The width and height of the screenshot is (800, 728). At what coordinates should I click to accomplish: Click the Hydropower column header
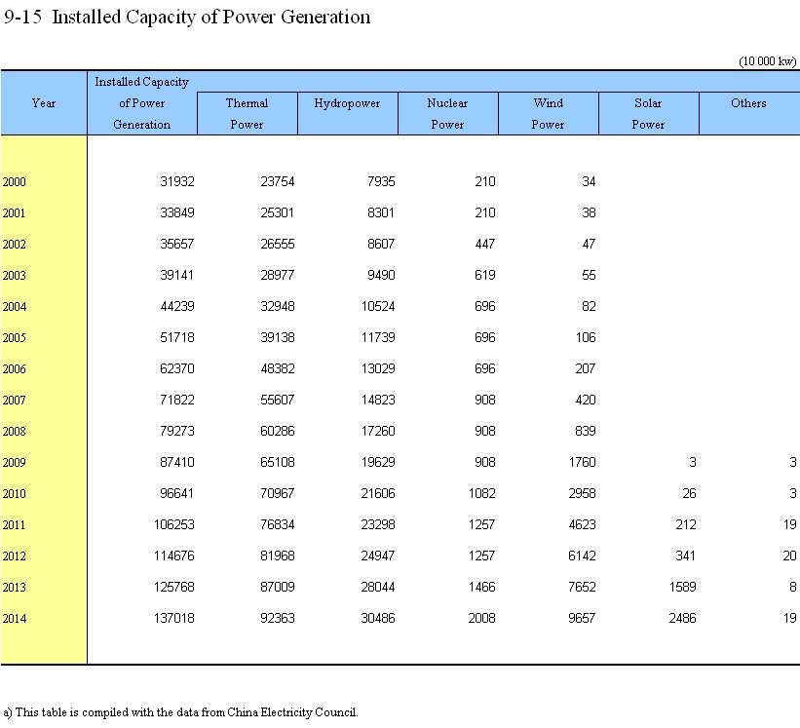pyautogui.click(x=347, y=103)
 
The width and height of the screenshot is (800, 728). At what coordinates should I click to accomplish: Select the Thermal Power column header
pyautogui.click(x=247, y=113)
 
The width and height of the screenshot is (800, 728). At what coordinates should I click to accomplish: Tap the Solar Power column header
pyautogui.click(x=648, y=113)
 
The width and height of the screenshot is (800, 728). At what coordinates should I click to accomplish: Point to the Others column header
pyautogui.click(x=748, y=103)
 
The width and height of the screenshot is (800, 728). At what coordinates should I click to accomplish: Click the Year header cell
pyautogui.click(x=44, y=103)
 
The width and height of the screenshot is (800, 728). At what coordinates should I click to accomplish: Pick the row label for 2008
pyautogui.click(x=14, y=432)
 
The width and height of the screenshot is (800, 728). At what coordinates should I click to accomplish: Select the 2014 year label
pyautogui.click(x=14, y=619)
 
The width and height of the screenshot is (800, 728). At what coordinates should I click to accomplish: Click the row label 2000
pyautogui.click(x=14, y=182)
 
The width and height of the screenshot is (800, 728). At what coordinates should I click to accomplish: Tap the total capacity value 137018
pyautogui.click(x=174, y=618)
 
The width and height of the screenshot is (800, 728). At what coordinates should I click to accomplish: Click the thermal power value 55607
pyautogui.click(x=278, y=400)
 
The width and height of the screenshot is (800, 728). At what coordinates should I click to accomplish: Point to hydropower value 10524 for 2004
pyautogui.click(x=378, y=307)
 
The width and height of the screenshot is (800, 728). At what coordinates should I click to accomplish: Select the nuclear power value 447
pyautogui.click(x=484, y=244)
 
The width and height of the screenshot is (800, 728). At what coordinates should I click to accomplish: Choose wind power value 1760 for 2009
pyautogui.click(x=582, y=462)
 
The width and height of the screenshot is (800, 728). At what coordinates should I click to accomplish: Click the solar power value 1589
pyautogui.click(x=683, y=588)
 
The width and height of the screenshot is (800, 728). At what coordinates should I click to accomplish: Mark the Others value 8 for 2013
pyautogui.click(x=793, y=588)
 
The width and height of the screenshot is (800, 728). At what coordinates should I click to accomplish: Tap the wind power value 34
pyautogui.click(x=589, y=181)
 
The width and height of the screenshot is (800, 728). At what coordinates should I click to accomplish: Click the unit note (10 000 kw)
pyautogui.click(x=767, y=61)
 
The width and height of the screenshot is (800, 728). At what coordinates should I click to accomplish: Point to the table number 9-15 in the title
pyautogui.click(x=22, y=17)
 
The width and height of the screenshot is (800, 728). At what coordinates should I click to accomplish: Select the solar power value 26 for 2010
pyautogui.click(x=689, y=493)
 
